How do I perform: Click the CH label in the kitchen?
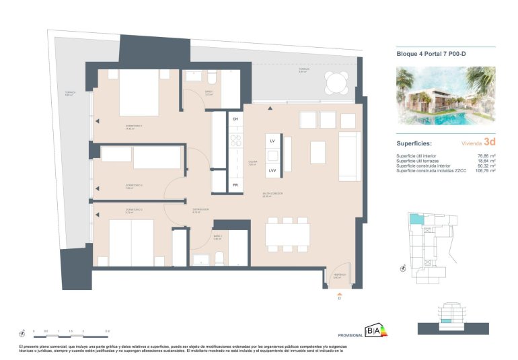point(235,119)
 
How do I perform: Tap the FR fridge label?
point(235,184)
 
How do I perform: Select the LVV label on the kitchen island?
point(272,171)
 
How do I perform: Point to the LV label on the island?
point(272,142)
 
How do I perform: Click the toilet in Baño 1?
point(211,75)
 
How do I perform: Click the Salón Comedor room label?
point(272,194)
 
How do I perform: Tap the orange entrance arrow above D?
point(339,293)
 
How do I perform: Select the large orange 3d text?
point(489,142)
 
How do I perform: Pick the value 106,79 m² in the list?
point(484,171)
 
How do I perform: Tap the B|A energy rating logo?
point(372,330)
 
